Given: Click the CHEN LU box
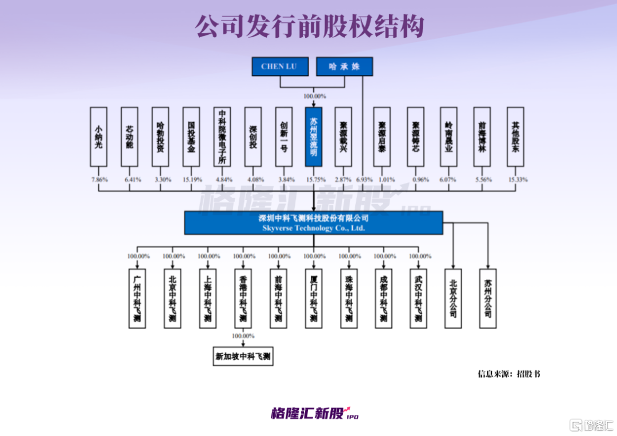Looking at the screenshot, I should [280, 66].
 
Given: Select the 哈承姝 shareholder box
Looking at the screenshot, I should [344, 66].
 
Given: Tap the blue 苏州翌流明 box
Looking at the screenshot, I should [314, 137].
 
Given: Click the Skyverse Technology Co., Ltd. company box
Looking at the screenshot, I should [313, 223].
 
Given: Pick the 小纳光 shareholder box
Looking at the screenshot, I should [99, 137].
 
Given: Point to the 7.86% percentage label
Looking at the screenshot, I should [99, 179].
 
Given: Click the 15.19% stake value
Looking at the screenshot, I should [191, 179].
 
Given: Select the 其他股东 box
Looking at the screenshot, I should [515, 137].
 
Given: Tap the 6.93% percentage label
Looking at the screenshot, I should [363, 179].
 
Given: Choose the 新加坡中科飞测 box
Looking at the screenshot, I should [243, 357].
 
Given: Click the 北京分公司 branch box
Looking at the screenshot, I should [453, 298].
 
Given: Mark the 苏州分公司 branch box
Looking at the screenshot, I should [488, 298].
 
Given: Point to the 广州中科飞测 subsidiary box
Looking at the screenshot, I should [137, 298].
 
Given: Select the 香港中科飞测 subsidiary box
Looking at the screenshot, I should [243, 298].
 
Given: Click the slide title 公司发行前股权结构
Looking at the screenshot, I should [309, 26].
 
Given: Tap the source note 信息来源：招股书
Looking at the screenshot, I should [508, 374].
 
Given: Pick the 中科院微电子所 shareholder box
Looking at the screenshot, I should [222, 137].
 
